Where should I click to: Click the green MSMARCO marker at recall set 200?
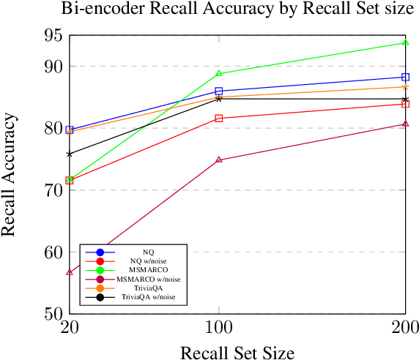tap(405, 42)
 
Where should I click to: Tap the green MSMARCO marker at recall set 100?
tap(219, 73)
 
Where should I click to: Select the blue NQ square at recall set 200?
tap(405, 77)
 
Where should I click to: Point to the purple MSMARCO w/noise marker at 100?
tap(219, 160)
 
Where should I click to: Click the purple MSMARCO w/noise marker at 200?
tap(405, 124)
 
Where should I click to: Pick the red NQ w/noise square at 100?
tap(219, 119)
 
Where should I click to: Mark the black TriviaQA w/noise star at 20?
tap(70, 154)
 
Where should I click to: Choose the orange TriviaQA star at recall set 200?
tap(405, 87)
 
